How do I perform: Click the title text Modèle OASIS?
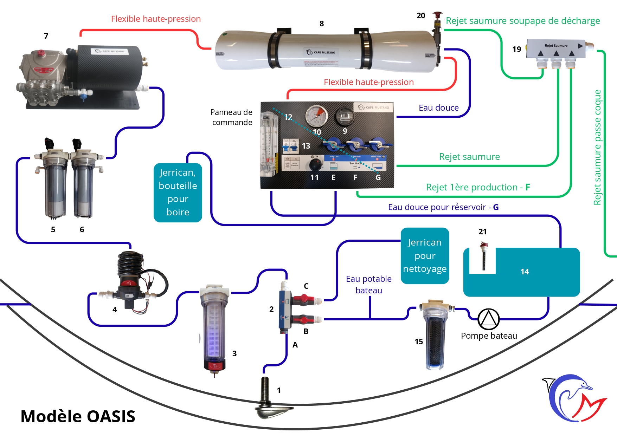[78, 416]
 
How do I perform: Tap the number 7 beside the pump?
[46, 36]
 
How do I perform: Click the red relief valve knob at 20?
[437, 15]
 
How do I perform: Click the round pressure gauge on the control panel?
[316, 116]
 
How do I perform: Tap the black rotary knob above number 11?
[315, 164]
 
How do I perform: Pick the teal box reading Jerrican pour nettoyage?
[425, 256]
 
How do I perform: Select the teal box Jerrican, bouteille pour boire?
[178, 193]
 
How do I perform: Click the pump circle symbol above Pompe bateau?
[488, 319]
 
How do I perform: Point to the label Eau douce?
[438, 108]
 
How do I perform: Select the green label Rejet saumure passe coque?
[597, 148]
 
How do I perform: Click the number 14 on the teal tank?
[525, 272]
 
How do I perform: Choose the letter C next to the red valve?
[306, 286]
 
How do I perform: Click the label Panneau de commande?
[232, 117]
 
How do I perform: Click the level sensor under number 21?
[484, 256]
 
